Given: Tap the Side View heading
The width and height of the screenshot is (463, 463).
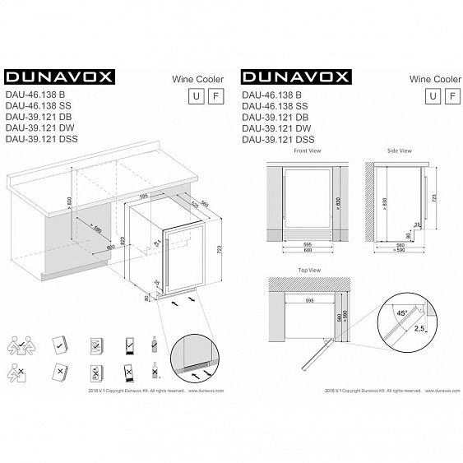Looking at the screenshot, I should [400, 152].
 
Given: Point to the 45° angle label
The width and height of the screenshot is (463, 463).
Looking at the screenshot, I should [400, 313].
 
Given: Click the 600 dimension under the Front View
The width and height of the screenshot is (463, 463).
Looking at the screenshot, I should [304, 251].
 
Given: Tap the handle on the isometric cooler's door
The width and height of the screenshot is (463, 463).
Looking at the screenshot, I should [168, 262].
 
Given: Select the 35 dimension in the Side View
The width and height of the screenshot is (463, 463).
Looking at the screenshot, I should [416, 224].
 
